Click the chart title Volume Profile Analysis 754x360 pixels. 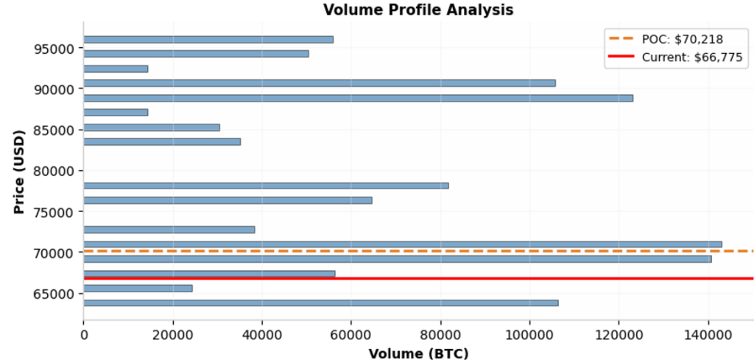pyautogui.click(x=417, y=10)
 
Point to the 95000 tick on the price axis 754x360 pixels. pyautogui.click(x=55, y=49)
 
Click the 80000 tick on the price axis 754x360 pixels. pyautogui.click(x=55, y=171)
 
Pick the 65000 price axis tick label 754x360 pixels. pyautogui.click(x=55, y=294)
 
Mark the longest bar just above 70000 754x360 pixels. pyautogui.click(x=402, y=244)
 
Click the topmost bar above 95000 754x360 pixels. pyautogui.click(x=208, y=39)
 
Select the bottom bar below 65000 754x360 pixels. pyautogui.click(x=320, y=303)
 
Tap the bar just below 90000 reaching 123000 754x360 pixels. pyautogui.click(x=358, y=98)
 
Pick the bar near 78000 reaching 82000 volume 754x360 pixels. pyautogui.click(x=266, y=186)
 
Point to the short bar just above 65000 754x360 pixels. pyautogui.click(x=138, y=288)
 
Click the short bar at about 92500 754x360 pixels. pyautogui.click(x=116, y=68)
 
